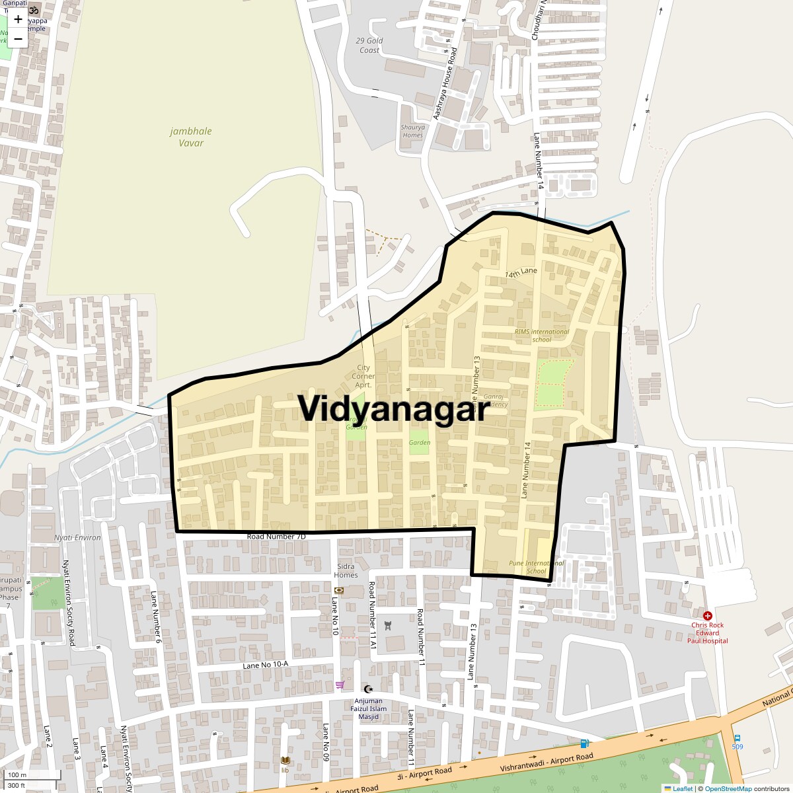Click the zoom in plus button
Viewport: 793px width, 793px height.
[x=18, y=19]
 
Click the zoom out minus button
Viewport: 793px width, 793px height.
[x=18, y=39]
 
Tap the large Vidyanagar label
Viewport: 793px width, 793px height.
[x=394, y=408]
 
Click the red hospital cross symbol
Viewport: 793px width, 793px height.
[x=707, y=615]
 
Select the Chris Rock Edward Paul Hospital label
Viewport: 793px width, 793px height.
[x=707, y=632]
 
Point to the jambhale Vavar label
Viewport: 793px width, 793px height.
[x=191, y=137]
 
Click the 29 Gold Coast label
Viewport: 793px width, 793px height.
[x=369, y=45]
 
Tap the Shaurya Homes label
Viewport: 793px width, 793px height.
[x=412, y=131]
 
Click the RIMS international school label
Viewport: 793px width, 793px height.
[x=542, y=336]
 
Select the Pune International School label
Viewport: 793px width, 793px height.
[x=536, y=567]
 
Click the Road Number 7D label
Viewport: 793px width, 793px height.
[x=276, y=537]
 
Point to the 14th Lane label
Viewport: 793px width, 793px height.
[x=521, y=272]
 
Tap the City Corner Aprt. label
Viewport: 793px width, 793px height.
[x=363, y=376]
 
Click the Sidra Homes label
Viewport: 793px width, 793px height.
[x=346, y=570]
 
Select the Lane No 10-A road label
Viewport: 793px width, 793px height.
[x=265, y=665]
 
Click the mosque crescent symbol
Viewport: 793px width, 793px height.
[x=369, y=689]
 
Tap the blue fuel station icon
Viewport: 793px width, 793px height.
[x=584, y=743]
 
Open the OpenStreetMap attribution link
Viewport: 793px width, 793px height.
[x=728, y=788]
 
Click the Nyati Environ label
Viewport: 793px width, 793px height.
[x=78, y=537]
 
